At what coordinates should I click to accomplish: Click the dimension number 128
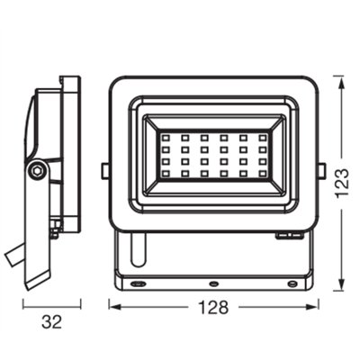213,306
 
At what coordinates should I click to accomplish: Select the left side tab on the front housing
105,169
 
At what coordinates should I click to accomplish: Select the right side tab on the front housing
322,169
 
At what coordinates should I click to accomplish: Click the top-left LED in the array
167,139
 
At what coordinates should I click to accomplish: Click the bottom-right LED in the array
262,183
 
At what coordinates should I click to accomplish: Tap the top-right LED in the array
262,139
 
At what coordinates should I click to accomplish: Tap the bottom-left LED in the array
167,183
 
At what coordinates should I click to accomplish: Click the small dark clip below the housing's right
287,235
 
